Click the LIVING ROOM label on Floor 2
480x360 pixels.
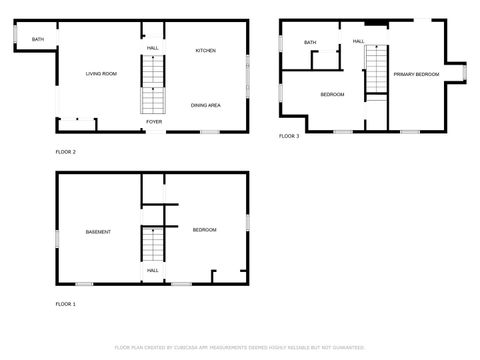click(101, 74)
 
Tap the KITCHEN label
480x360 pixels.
click(205, 51)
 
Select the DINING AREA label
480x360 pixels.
click(205, 105)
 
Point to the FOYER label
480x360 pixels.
click(154, 122)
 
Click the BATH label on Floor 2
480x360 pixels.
click(38, 40)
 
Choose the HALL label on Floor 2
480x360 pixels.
click(153, 48)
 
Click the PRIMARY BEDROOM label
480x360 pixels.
click(415, 75)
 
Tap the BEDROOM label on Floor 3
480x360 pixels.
click(332, 95)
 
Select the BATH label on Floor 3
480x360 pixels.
click(310, 43)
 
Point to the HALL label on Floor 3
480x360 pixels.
click(358, 41)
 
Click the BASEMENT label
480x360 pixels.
click(98, 232)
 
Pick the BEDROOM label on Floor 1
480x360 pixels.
click(204, 230)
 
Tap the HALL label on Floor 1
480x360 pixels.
click(153, 270)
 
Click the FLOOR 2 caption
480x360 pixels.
click(65, 152)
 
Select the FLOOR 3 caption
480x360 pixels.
click(289, 135)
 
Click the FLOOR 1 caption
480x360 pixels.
click(65, 303)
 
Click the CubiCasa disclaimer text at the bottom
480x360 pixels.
click(239, 348)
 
